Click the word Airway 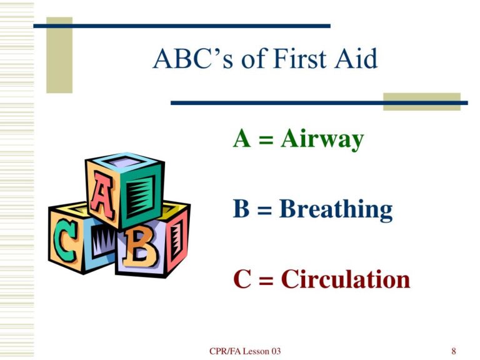(322, 139)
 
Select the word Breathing (336, 209)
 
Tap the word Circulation (346, 279)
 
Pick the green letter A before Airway (243, 138)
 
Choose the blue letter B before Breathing (242, 209)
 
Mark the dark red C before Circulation (242, 279)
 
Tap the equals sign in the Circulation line (266, 280)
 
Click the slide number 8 (453, 351)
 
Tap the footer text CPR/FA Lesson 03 (246, 351)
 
